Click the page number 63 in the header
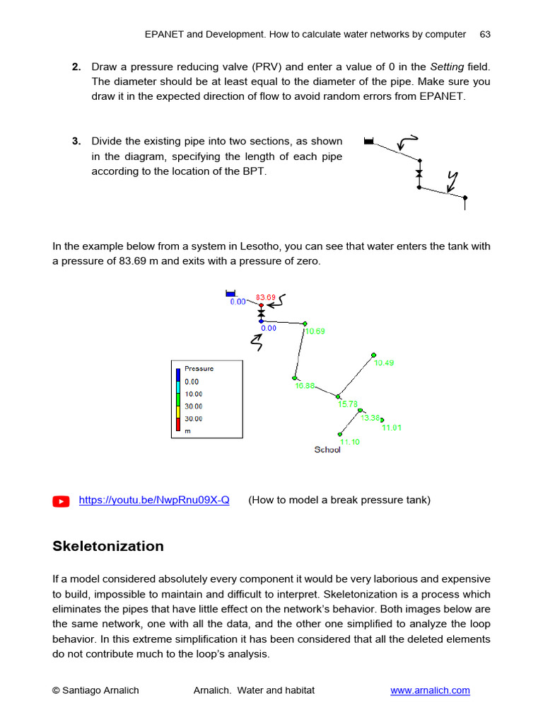[485, 34]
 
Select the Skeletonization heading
[107, 546]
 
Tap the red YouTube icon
[62, 501]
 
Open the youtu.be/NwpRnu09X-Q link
[154, 500]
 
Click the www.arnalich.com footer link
[430, 690]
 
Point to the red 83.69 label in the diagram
[265, 297]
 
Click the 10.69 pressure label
[315, 331]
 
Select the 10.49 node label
[384, 362]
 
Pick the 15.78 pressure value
[347, 404]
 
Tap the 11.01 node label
[392, 428]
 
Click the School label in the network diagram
[327, 450]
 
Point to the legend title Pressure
[199, 369]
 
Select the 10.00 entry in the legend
[193, 394]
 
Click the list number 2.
[76, 67]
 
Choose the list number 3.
[76, 141]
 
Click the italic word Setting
[447, 67]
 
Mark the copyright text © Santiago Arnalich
[95, 690]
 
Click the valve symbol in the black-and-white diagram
[419, 173]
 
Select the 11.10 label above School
[349, 441]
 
